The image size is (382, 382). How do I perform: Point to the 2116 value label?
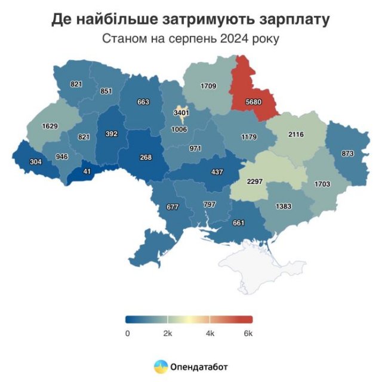click(x=295, y=134)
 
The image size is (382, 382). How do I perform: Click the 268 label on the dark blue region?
click(x=144, y=158)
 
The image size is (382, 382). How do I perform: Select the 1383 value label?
click(x=284, y=206)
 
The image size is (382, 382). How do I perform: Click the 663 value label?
click(x=143, y=102)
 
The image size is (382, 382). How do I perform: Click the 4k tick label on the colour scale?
click(x=210, y=333)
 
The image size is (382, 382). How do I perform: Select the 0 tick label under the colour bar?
click(x=127, y=333)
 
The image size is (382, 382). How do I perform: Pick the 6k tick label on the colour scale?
click(x=248, y=333)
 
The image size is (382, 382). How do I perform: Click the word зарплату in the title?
click(x=289, y=20)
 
